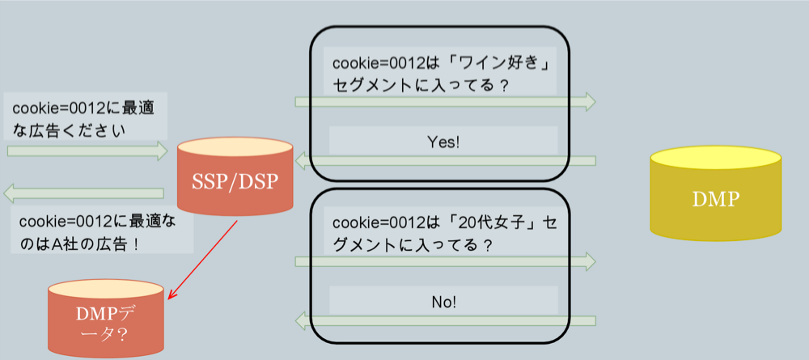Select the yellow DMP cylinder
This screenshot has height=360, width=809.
715,198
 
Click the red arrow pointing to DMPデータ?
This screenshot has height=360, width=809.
202,259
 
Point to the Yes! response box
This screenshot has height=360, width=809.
443,142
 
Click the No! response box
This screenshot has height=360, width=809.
443,302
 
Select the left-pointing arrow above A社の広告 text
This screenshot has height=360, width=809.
84,193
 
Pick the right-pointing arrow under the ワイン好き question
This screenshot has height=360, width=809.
445,102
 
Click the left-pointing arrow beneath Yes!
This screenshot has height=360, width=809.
445,161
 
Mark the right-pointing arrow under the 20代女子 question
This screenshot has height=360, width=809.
445,261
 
